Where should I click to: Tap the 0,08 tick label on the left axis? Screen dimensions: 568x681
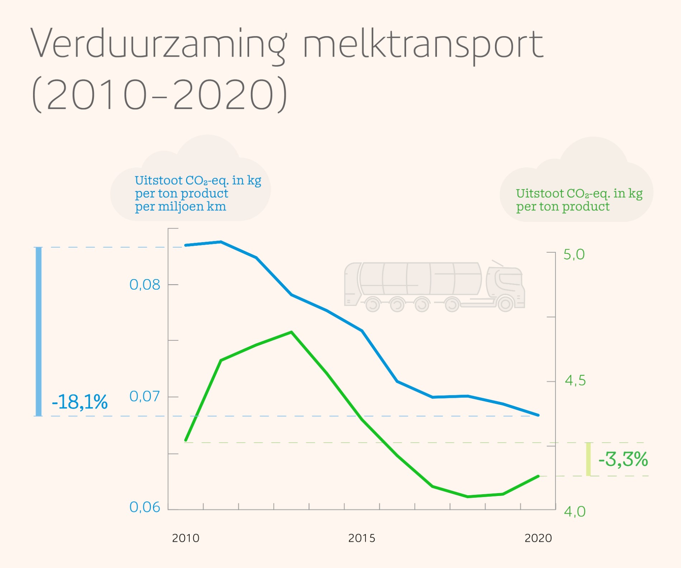coord(144,285)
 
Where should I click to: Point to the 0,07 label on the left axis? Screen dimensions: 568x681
coord(144,396)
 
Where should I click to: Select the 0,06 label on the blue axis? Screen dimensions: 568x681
coord(144,507)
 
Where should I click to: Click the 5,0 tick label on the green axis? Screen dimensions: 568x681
coord(574,254)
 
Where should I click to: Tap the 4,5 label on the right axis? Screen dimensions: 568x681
coord(575,381)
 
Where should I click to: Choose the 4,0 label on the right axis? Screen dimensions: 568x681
coord(575,511)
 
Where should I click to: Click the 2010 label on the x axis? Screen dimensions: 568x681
coord(186,538)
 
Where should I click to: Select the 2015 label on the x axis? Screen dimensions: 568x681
coord(362,538)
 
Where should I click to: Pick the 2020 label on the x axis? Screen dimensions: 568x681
coord(538,538)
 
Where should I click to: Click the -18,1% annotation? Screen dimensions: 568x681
coord(80,402)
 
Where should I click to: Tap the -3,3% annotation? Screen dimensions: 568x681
coord(623,459)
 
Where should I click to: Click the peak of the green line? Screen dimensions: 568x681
coord(291,332)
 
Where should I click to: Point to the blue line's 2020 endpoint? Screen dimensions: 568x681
coord(538,415)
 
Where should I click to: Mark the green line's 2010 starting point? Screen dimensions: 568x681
coord(186,440)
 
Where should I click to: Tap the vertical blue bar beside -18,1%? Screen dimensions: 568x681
coord(38,331)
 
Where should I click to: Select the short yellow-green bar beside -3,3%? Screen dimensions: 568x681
coord(588,459)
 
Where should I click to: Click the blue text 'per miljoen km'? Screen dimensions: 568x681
coord(180,207)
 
